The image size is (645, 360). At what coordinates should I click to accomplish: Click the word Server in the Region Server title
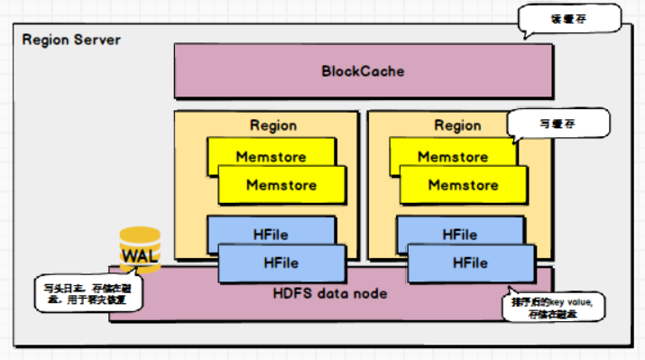tap(97, 41)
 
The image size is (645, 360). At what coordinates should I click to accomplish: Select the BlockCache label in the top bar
tap(363, 70)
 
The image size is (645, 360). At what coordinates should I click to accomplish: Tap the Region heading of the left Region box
tap(272, 125)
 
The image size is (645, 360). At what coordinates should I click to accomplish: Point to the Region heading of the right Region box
tap(457, 125)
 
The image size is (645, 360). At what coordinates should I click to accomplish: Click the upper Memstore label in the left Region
tap(271, 156)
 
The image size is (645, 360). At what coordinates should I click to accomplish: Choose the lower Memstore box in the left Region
tap(281, 185)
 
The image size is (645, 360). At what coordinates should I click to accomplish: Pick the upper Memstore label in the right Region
tap(452, 156)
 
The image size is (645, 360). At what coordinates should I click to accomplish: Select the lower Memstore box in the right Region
tap(463, 185)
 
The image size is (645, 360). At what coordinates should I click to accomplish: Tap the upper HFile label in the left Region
tap(271, 234)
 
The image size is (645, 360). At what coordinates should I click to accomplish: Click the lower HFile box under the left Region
tap(281, 263)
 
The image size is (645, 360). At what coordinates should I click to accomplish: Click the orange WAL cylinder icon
tap(140, 248)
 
